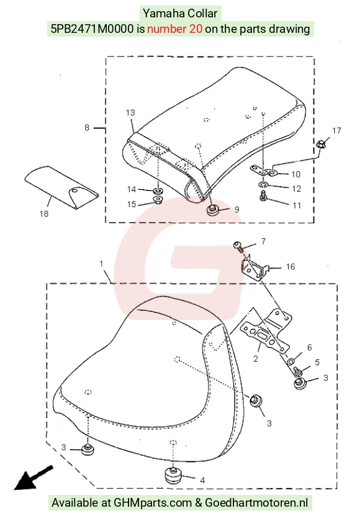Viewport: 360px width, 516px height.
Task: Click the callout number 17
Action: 336,131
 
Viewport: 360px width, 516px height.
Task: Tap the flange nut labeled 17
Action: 321,143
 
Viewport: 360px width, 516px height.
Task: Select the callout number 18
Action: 44,214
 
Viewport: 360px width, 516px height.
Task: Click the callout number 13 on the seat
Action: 130,112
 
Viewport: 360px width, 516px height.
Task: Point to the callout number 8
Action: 87,127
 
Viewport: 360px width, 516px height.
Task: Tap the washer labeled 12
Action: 263,184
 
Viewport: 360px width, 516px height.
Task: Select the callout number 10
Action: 296,174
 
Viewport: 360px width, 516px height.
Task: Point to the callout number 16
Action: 290,266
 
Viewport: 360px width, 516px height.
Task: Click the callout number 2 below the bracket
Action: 256,358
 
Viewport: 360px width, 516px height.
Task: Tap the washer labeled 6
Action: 291,362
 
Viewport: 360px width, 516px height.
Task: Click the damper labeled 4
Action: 173,476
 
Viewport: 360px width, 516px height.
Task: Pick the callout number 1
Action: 101,264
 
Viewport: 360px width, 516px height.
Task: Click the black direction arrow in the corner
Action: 33,478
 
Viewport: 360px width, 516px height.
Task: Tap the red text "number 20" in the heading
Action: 174,29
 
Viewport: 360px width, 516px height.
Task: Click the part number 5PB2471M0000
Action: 92,29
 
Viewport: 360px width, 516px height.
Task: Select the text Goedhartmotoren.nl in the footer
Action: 256,502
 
